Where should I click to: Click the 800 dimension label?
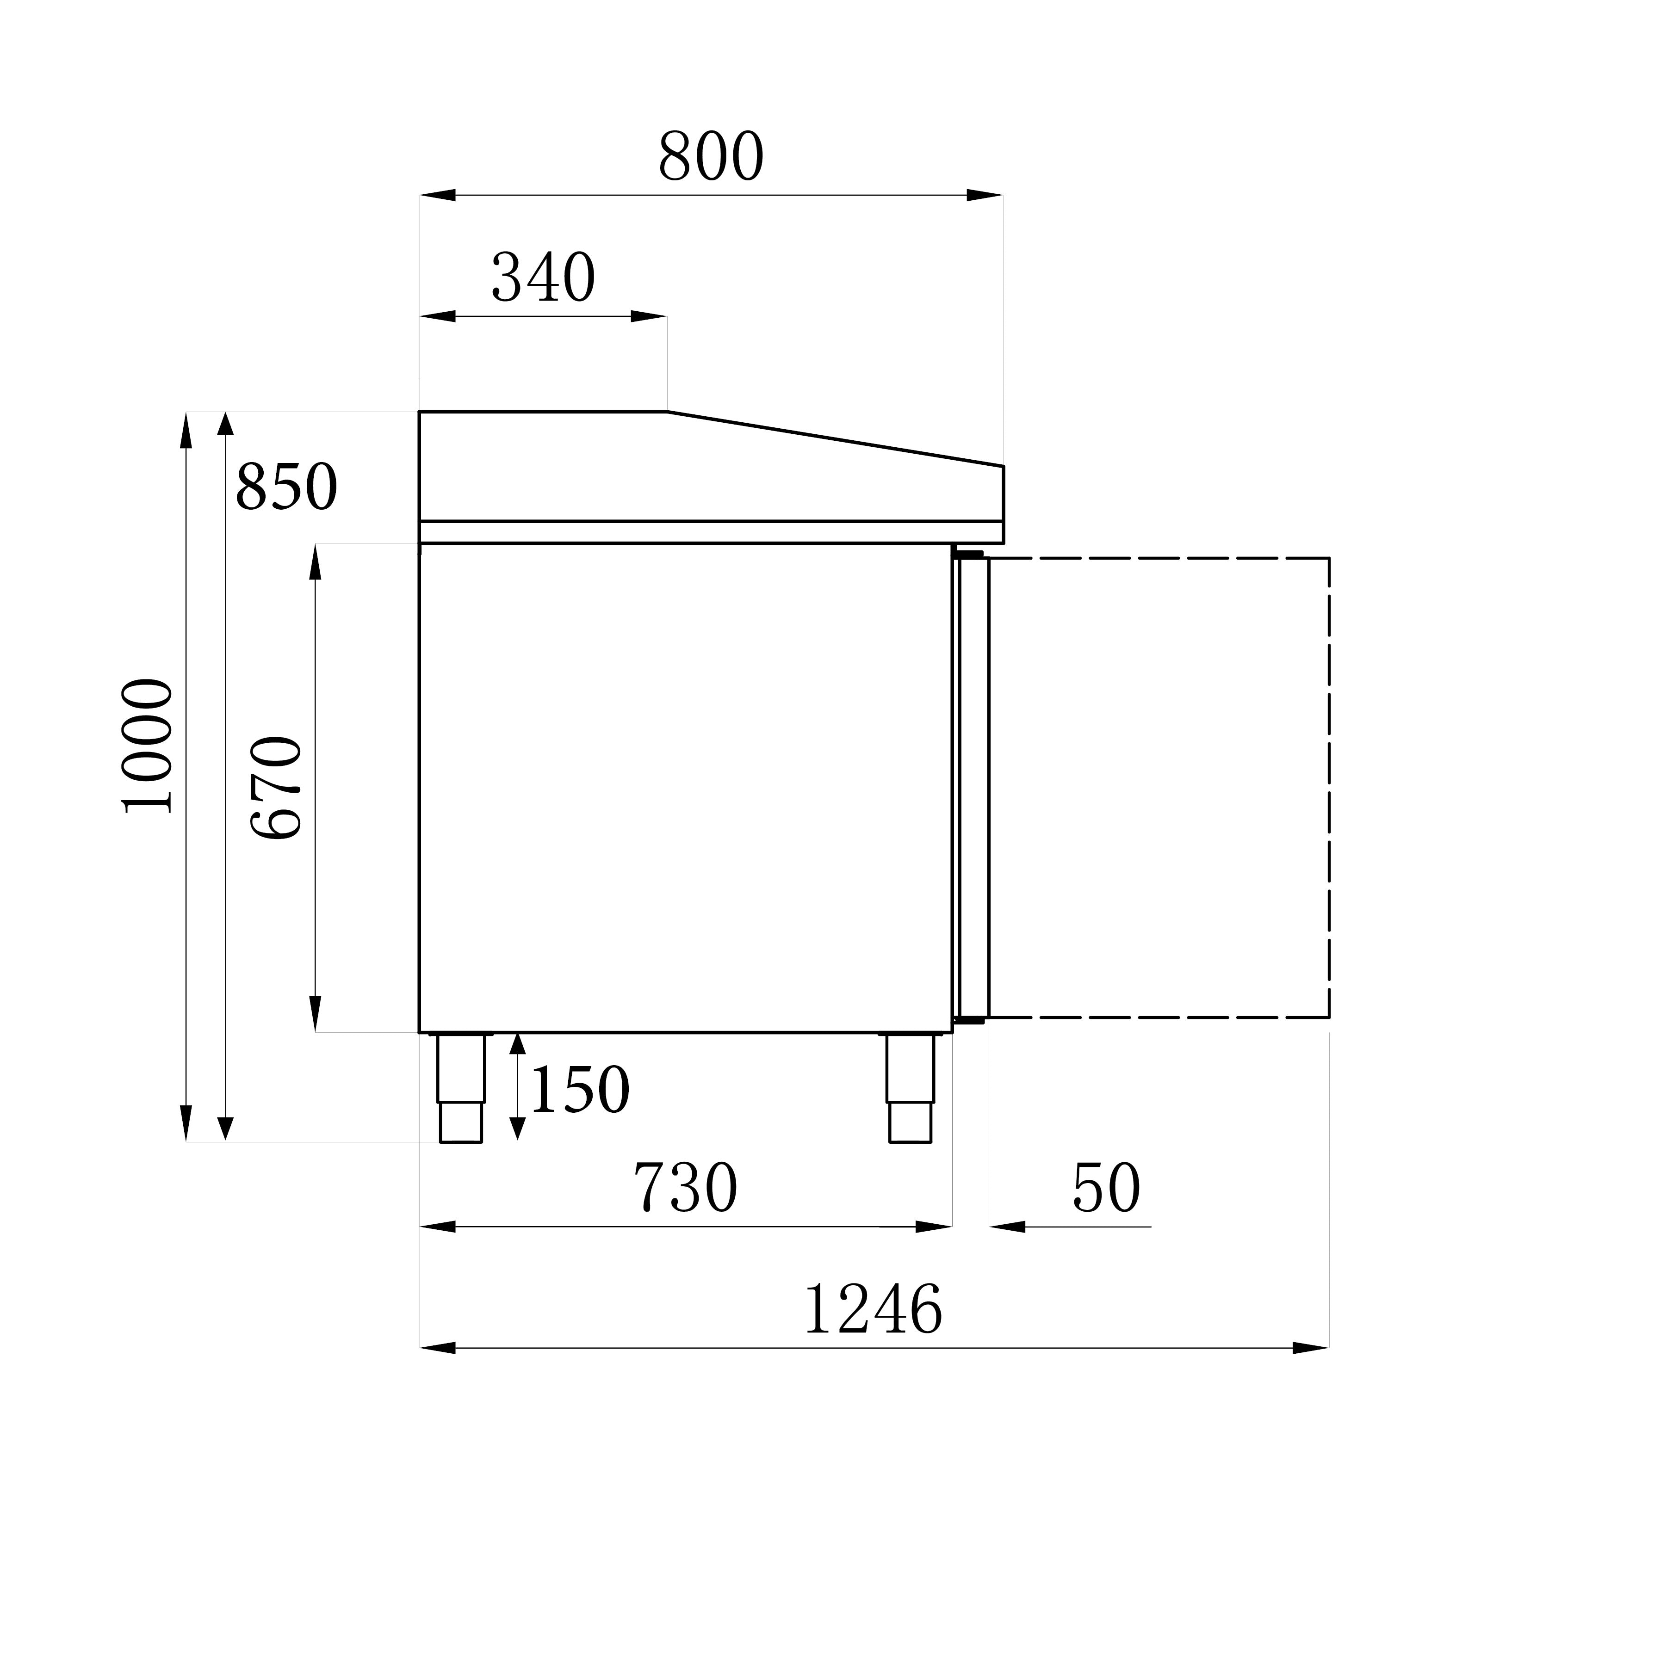[711, 157]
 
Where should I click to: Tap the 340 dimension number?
[543, 278]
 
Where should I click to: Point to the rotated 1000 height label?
[147, 746]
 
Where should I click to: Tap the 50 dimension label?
[1106, 1187]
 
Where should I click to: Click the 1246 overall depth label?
[873, 1309]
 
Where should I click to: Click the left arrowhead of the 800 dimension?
[437, 196]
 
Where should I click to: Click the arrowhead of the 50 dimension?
[1007, 1227]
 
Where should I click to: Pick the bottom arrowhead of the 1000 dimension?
[186, 1124]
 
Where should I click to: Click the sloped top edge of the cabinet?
[836, 439]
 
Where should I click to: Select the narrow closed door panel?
[973, 788]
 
